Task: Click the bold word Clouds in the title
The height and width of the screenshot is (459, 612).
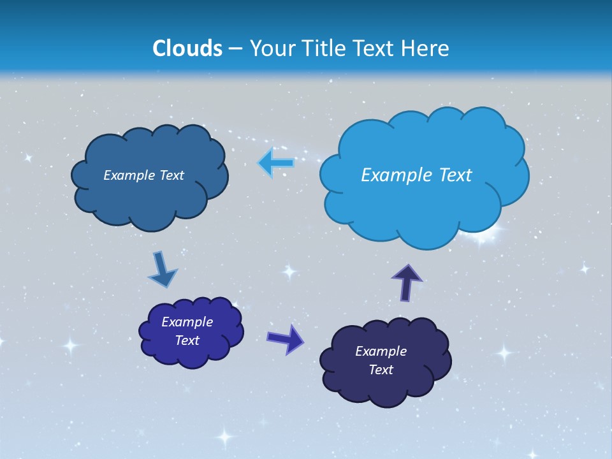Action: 187,48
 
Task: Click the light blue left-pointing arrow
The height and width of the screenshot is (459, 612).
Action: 276,163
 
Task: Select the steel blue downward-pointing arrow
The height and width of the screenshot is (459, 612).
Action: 162,270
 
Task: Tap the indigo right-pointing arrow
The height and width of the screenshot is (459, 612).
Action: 286,339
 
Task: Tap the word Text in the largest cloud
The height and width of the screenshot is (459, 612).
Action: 452,175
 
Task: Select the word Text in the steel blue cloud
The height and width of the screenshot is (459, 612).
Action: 172,175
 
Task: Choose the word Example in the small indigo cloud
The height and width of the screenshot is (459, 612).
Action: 187,322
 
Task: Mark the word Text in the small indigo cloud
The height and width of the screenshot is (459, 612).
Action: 187,340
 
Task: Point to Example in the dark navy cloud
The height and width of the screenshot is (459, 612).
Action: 381,351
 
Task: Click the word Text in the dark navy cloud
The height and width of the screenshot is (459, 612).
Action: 381,370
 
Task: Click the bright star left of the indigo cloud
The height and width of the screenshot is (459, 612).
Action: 70,346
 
